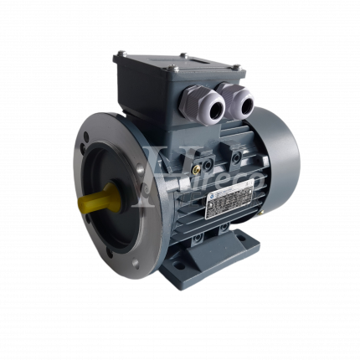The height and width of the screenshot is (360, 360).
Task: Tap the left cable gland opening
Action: tap(206, 105)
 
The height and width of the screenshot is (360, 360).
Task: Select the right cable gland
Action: tap(241, 102)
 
